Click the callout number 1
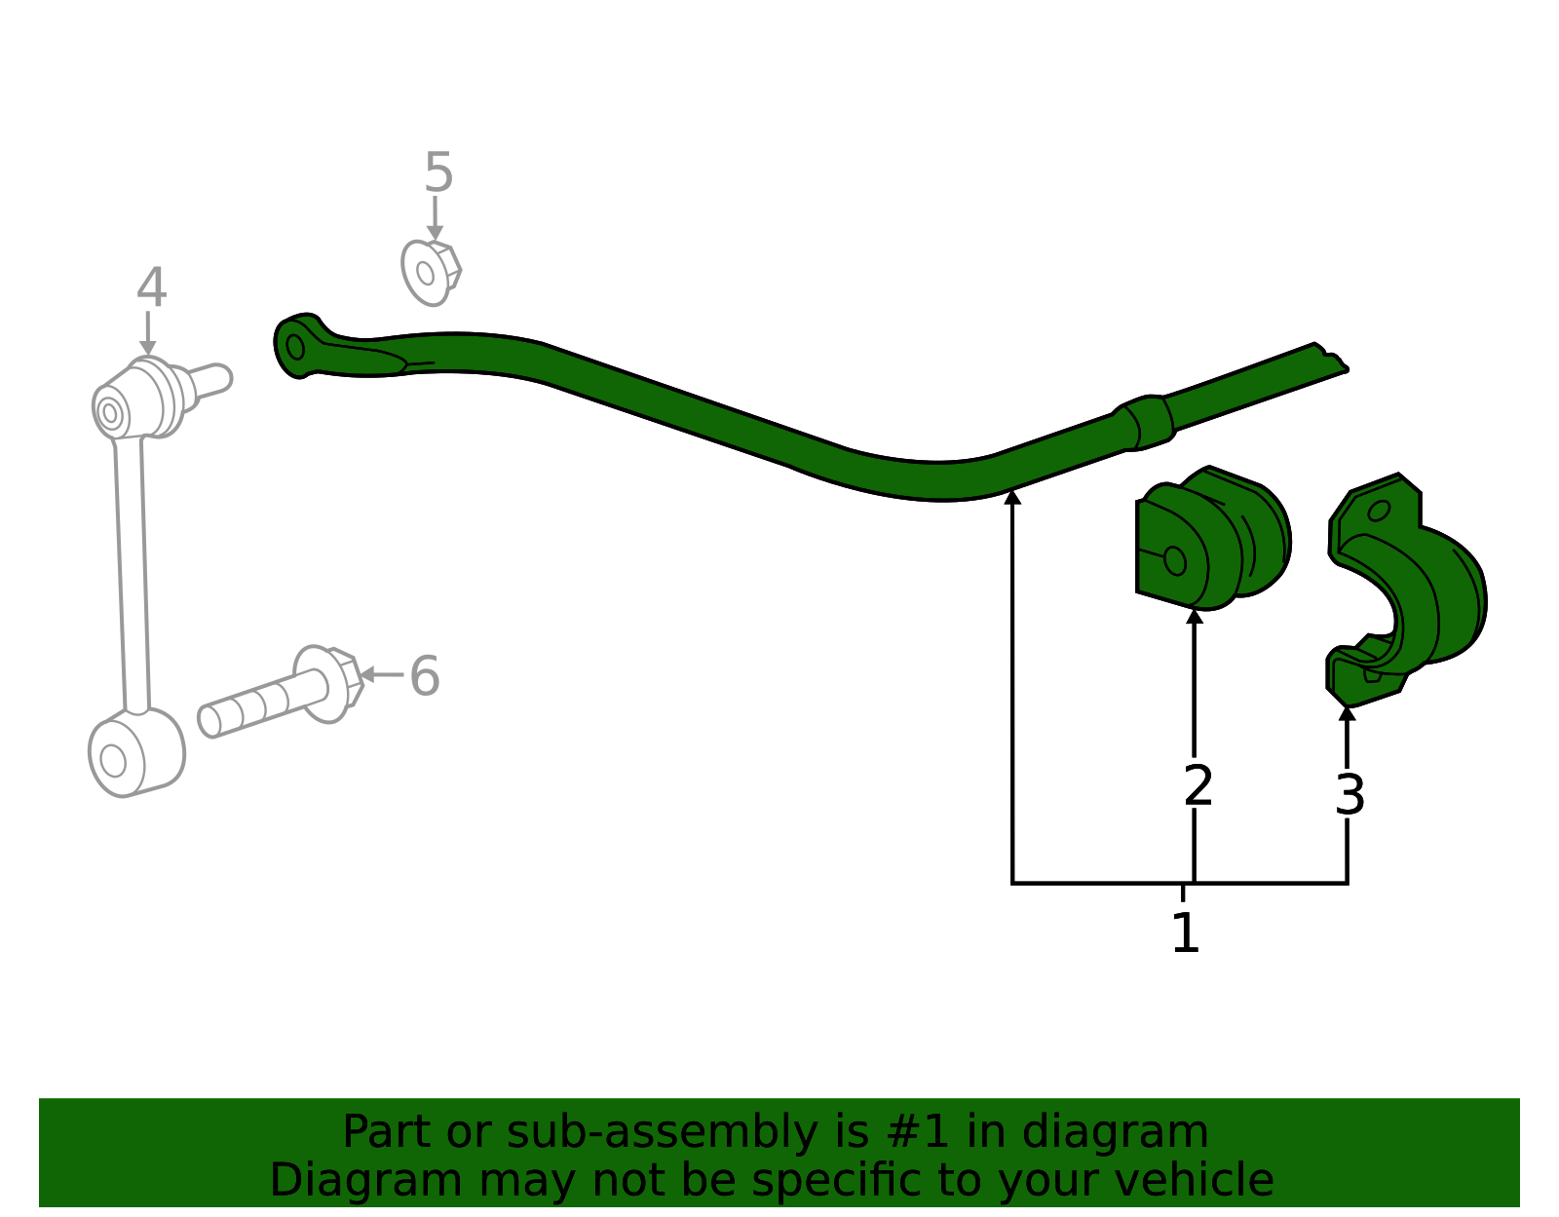pyautogui.click(x=1185, y=933)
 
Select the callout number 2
pyautogui.click(x=1198, y=785)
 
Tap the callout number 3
pyautogui.click(x=1350, y=795)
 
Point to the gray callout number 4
pyautogui.click(x=151, y=287)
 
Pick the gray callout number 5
pyautogui.click(x=438, y=172)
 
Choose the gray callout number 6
pyautogui.click(x=424, y=676)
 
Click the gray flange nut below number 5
pyautogui.click(x=431, y=273)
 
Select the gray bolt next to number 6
pyautogui.click(x=281, y=692)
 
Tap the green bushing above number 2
pyautogui.click(x=1213, y=538)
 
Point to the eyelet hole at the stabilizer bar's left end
pyautogui.click(x=295, y=347)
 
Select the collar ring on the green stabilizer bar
pyautogui.click(x=1147, y=423)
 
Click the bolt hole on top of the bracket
pyautogui.click(x=1379, y=511)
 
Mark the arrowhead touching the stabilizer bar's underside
pyautogui.click(x=1012, y=496)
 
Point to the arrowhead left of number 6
pyautogui.click(x=366, y=675)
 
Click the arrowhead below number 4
pyautogui.click(x=148, y=349)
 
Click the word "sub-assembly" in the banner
pyautogui.click(x=663, y=1132)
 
